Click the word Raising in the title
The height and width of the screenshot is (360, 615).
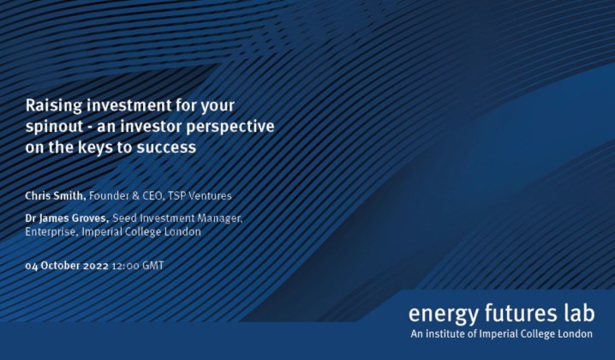51,107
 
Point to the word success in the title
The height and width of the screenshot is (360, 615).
170,147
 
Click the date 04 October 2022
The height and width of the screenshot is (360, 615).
67,266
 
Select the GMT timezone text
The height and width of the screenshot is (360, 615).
153,266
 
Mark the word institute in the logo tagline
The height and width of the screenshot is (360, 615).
450,333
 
